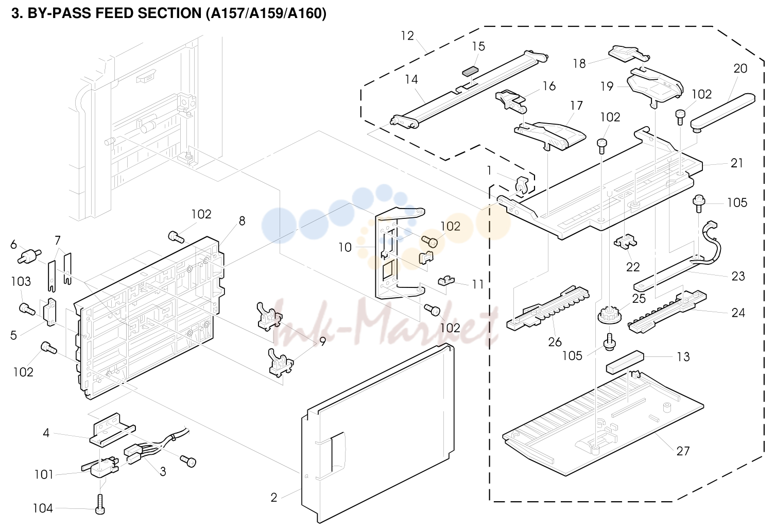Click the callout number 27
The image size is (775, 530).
(x=683, y=451)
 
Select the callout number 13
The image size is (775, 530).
(x=683, y=356)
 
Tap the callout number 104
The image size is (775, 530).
(x=43, y=508)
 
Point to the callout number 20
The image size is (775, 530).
(x=740, y=69)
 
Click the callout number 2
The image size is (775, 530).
(x=273, y=498)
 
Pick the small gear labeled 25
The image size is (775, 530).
(x=610, y=317)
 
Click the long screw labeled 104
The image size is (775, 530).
(x=100, y=505)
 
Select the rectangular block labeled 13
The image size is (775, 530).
(x=625, y=362)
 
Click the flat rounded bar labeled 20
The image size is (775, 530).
(x=723, y=112)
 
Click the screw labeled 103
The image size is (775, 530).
(x=27, y=309)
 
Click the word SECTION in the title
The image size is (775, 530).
(x=169, y=13)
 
